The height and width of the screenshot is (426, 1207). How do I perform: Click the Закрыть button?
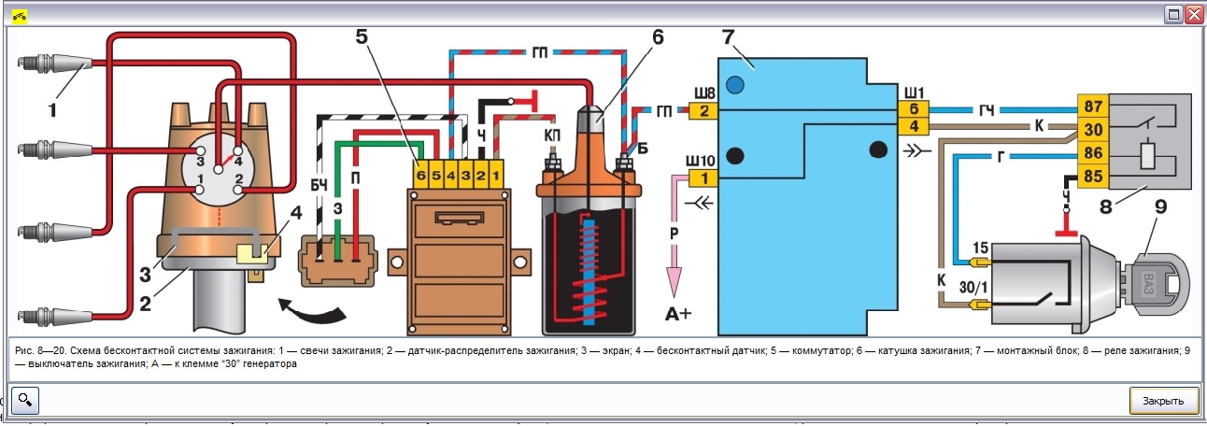(1163, 400)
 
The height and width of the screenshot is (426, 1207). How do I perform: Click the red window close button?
(1193, 15)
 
